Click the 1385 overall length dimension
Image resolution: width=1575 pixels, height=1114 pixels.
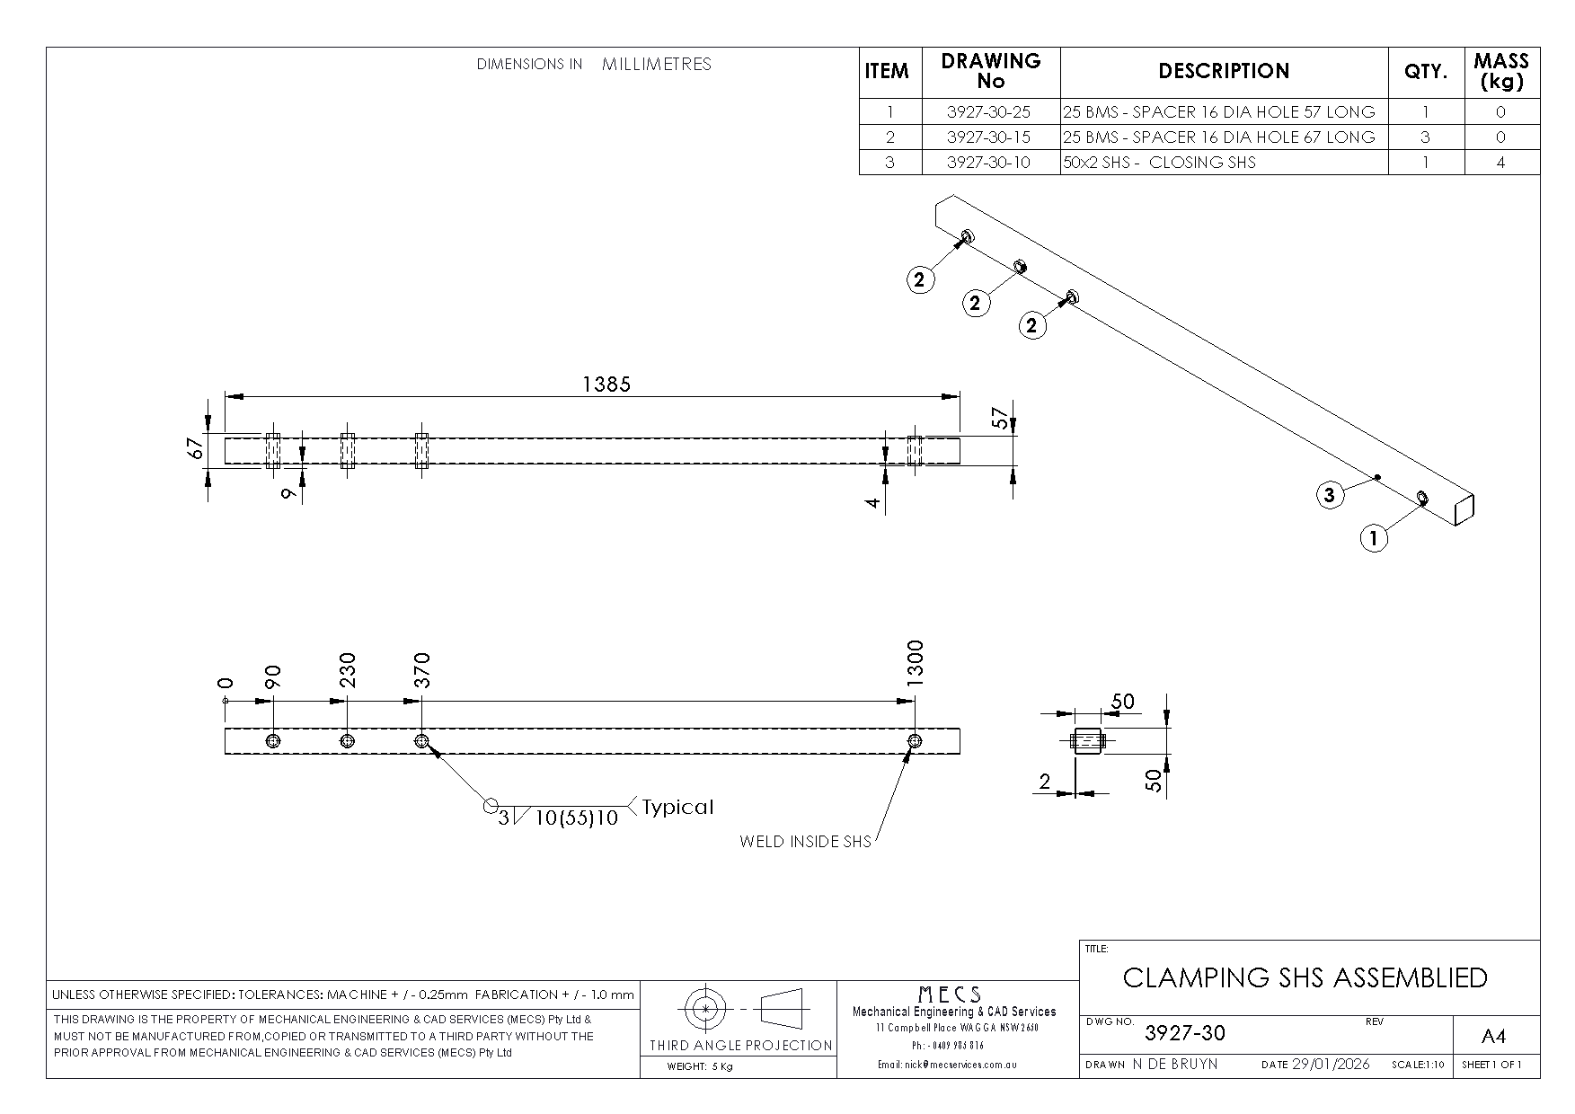(x=606, y=385)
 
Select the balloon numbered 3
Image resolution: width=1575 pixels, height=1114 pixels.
(x=1330, y=494)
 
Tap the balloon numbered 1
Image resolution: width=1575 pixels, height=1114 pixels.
(x=1374, y=539)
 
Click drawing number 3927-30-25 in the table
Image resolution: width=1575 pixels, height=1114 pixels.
(x=989, y=112)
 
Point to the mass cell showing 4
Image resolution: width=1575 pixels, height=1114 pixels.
(x=1500, y=163)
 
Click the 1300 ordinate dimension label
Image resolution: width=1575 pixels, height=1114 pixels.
(x=915, y=664)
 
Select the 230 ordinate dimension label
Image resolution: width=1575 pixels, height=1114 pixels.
(x=348, y=670)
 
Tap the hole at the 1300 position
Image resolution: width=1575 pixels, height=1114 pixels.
(x=915, y=741)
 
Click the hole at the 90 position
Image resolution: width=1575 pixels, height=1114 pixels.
(x=273, y=741)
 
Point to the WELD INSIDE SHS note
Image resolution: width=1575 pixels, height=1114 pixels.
(x=805, y=842)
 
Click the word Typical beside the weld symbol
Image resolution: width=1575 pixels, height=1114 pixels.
(x=677, y=807)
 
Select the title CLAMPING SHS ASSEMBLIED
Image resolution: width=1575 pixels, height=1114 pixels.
(x=1305, y=977)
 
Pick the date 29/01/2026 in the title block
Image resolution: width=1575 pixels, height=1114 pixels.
(x=1330, y=1065)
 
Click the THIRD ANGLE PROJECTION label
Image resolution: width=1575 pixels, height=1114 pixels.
(x=741, y=1045)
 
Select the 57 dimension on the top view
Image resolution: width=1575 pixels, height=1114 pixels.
(x=1000, y=418)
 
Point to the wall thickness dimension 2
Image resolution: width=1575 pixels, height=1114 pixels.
(x=1044, y=782)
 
